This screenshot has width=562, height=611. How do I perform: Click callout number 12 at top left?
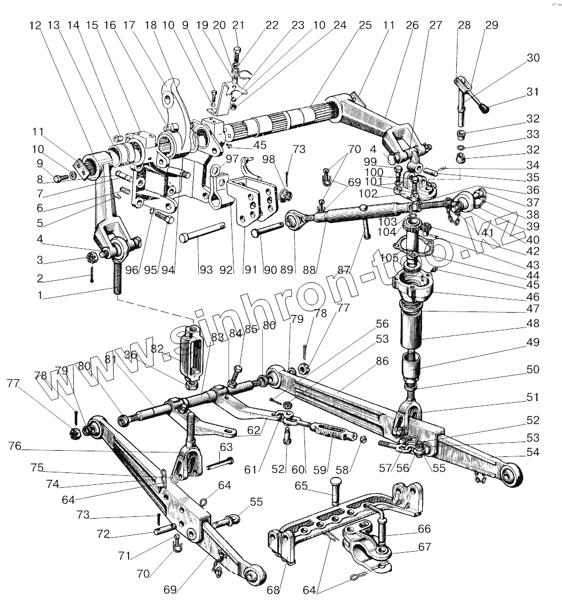click(35, 26)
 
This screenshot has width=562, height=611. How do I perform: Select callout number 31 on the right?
click(532, 92)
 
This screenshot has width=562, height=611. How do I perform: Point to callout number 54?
click(532, 452)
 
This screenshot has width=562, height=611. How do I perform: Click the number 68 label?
click(274, 590)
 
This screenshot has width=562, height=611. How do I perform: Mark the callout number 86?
click(382, 361)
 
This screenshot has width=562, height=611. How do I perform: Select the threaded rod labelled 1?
click(118, 277)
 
